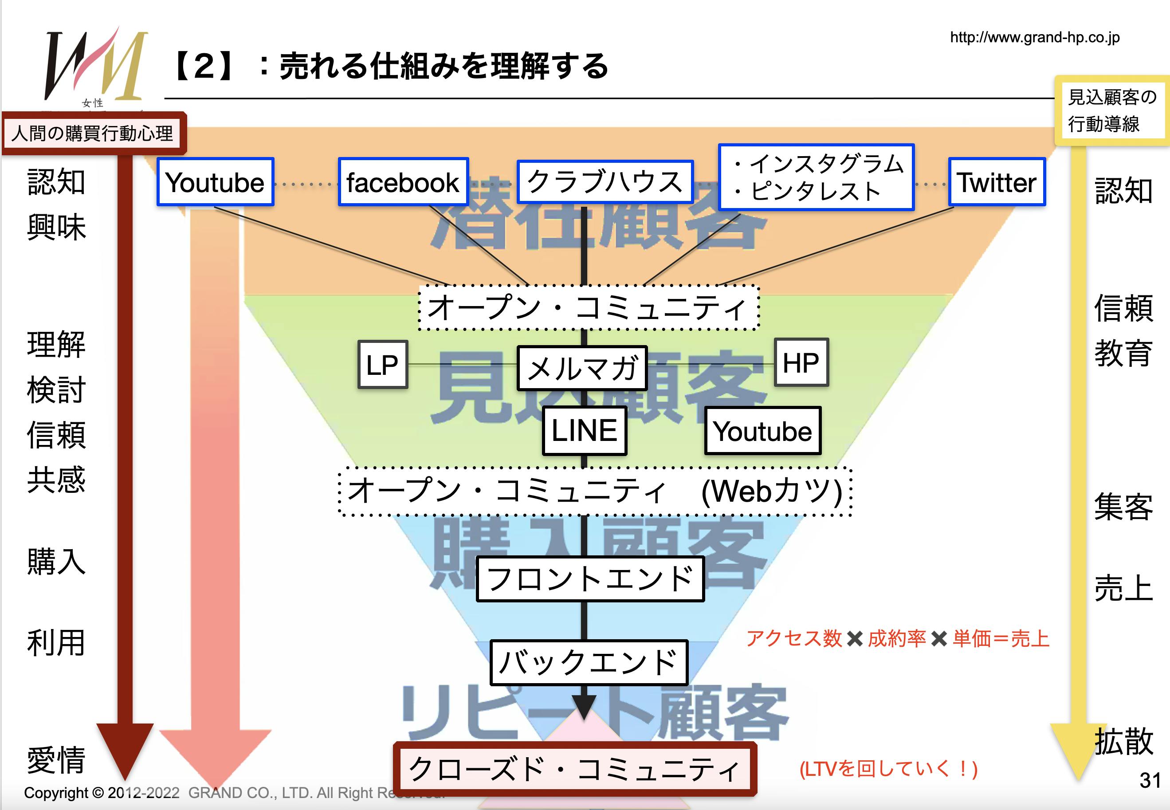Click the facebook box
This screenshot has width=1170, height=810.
click(403, 182)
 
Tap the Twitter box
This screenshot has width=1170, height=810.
click(997, 182)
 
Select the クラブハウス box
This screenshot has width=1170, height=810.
click(605, 182)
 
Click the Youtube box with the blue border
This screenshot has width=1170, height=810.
click(215, 182)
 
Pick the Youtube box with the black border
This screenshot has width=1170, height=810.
click(762, 431)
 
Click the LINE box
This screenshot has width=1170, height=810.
click(585, 430)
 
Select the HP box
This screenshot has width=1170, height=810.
click(801, 363)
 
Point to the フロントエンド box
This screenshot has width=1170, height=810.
click(590, 579)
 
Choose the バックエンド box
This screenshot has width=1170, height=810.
click(589, 663)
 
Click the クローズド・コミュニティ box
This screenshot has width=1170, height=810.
click(574, 769)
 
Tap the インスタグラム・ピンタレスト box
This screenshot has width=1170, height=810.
click(817, 177)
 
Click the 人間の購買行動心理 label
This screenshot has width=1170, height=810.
click(93, 134)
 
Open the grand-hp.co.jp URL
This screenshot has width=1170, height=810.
click(1035, 38)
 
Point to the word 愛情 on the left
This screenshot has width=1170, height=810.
click(56, 760)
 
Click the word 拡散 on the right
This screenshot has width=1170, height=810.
click(1124, 742)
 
